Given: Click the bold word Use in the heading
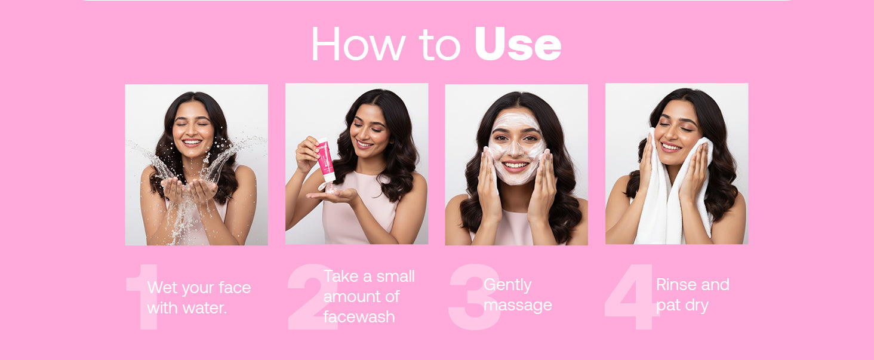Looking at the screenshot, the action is (x=518, y=44).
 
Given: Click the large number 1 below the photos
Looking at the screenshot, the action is (x=143, y=297).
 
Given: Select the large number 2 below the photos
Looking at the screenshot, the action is (x=312, y=297).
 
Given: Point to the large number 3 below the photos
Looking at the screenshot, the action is (x=474, y=297).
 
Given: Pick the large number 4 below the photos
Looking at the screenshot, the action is (x=631, y=297).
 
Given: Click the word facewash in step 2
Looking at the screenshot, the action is (x=359, y=316).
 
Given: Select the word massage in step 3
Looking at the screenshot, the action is (x=518, y=306).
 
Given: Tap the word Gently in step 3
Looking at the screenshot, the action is (x=507, y=285).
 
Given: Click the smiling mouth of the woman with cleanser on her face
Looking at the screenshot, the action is (x=515, y=165).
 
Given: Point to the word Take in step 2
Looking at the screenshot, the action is (x=341, y=276).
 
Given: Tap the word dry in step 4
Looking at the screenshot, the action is (x=697, y=306).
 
